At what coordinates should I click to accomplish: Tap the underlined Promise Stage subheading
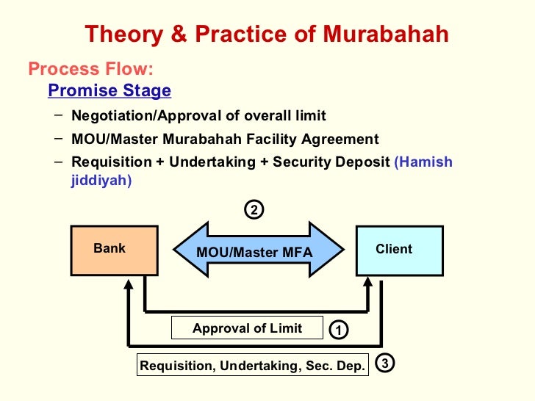(109, 91)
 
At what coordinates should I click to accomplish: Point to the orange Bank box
(113, 250)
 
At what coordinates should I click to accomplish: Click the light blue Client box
(399, 250)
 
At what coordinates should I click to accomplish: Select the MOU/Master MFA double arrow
(256, 252)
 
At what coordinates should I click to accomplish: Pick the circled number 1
(337, 330)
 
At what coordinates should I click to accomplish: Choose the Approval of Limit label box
(247, 328)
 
